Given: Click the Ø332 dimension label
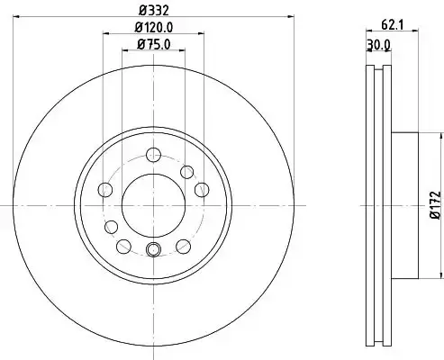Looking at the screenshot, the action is pos(154,11).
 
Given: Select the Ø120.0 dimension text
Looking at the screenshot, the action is pos(154,28).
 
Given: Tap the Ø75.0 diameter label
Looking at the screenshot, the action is pos(154,44).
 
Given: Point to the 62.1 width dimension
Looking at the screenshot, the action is pos(392,25).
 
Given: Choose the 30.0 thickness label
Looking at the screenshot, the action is pos(379,45).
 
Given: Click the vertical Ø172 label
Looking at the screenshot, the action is pos(436,205).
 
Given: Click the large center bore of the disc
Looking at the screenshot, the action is pos(153,205).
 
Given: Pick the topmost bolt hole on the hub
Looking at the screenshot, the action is pos(153,155).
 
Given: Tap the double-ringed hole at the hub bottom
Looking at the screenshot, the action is pos(153,249).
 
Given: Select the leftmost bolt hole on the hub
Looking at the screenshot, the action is pos(105,190).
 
